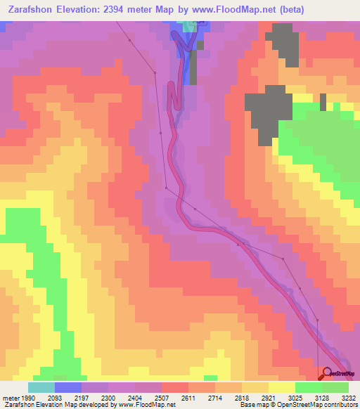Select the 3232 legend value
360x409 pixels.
(x=349, y=397)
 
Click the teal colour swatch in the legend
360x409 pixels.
(x=41, y=387)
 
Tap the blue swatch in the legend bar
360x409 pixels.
(x=68, y=387)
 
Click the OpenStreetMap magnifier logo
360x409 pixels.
(x=326, y=374)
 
